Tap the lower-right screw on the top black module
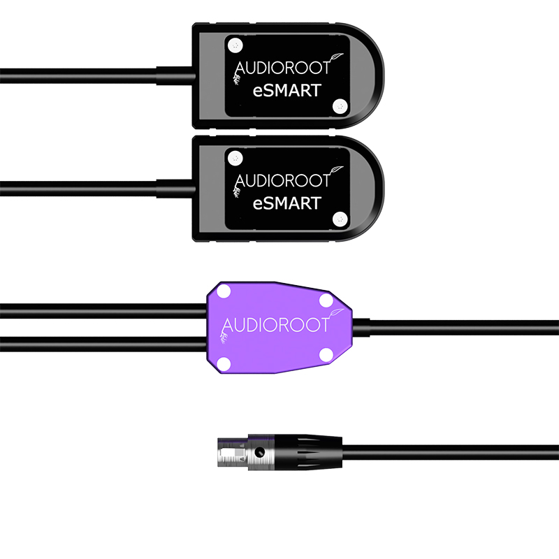(x=340, y=106)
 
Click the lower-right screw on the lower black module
(x=340, y=218)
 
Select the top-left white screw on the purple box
(x=224, y=291)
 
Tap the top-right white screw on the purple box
(x=326, y=300)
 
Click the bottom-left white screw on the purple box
(x=225, y=362)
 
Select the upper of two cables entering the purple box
(x=105, y=307)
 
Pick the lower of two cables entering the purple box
(x=105, y=340)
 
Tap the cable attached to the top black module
(x=84, y=71)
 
